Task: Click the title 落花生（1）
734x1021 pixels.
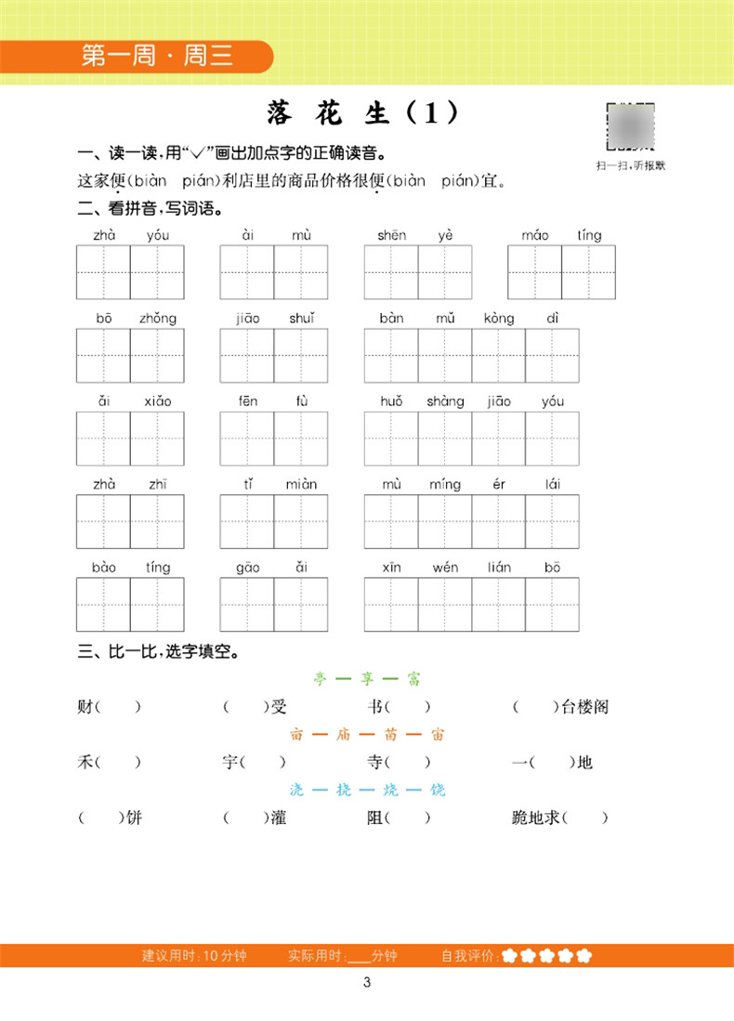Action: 363,113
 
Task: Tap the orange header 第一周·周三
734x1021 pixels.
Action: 157,57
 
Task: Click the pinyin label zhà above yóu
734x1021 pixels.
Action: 104,235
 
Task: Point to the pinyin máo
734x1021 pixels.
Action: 535,235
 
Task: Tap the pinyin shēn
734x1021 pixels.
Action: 391,235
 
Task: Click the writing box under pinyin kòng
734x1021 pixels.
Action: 499,356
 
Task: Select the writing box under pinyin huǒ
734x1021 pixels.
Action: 391,439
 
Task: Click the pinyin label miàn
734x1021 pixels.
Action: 301,484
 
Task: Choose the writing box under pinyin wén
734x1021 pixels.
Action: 445,604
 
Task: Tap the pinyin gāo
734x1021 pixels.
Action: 247,567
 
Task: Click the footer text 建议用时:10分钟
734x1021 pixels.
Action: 194,955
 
